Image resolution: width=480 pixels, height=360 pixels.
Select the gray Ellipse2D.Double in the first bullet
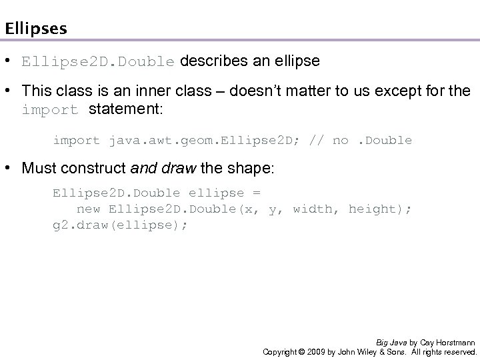(98, 62)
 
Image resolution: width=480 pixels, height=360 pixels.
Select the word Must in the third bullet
(37, 169)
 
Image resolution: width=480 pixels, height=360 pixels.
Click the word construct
(85, 169)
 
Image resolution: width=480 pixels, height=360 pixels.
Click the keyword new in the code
(89, 209)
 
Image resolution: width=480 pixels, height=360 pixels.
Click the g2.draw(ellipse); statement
(120, 225)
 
